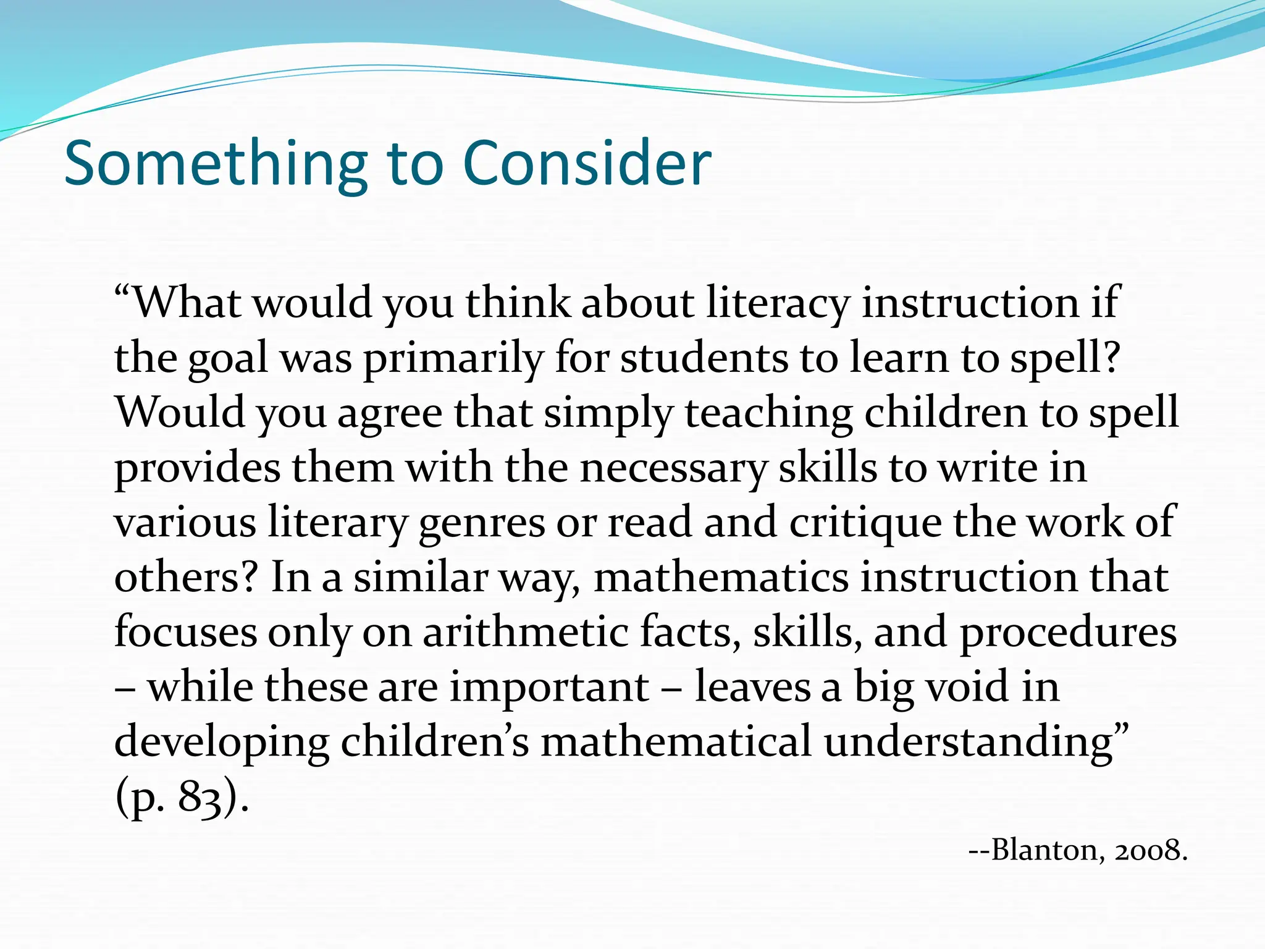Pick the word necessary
pyautogui.click(x=673, y=468)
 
